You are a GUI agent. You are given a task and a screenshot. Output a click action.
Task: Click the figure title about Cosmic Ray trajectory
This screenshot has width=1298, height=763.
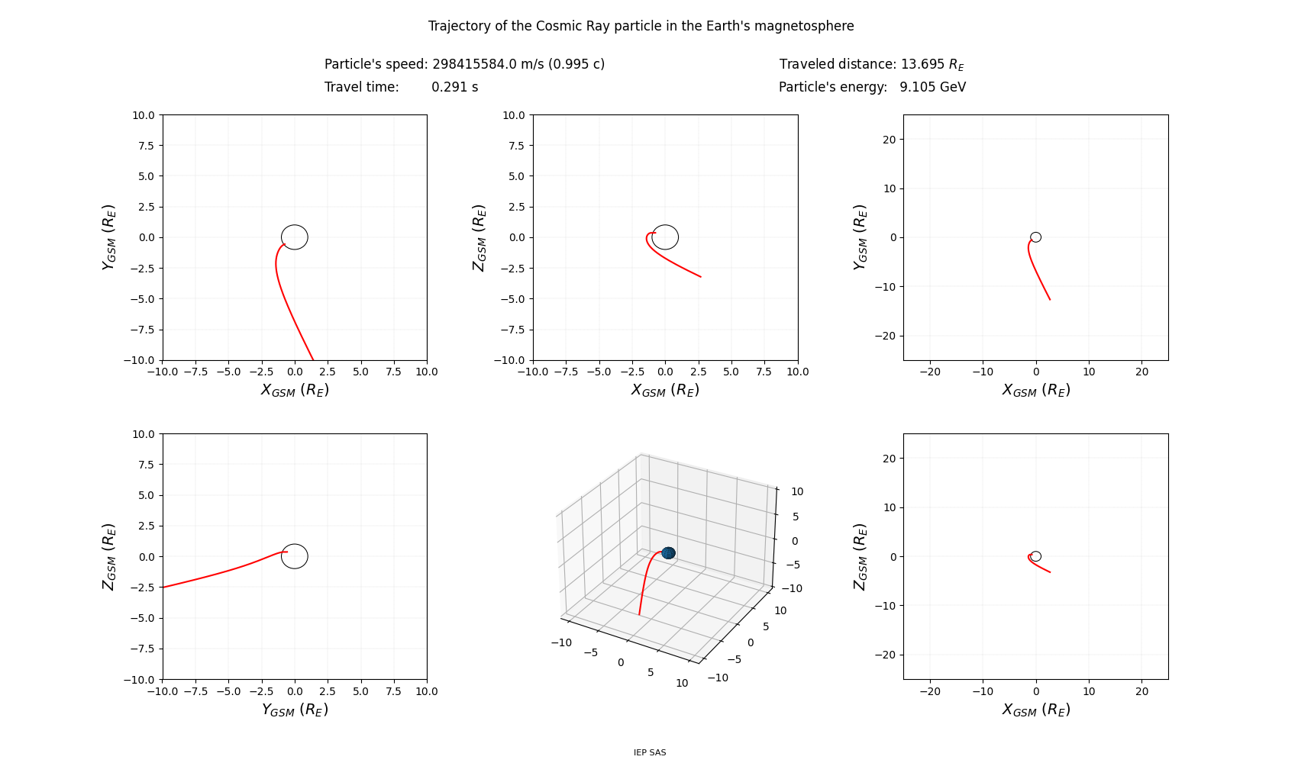pyautogui.click(x=641, y=26)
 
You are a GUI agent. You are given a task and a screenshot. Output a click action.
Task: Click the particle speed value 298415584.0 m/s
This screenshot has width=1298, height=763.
pyautogui.click(x=518, y=64)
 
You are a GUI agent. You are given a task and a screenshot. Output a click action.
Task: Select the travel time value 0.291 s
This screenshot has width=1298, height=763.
pyautogui.click(x=454, y=87)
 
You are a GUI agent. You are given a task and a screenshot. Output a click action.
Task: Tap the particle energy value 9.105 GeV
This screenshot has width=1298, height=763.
pyautogui.click(x=932, y=87)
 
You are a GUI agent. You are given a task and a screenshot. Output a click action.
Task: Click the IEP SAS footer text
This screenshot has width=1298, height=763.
pyautogui.click(x=649, y=752)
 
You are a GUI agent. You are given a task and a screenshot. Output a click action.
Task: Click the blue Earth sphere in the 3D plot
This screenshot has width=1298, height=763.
pyautogui.click(x=668, y=552)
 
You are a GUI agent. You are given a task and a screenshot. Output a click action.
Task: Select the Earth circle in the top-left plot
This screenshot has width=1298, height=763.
pyautogui.click(x=295, y=237)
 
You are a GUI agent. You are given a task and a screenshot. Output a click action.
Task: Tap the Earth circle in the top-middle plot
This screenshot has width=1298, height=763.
pyautogui.click(x=665, y=237)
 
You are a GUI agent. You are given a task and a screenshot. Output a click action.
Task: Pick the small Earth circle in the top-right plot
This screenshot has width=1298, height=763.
pyautogui.click(x=1035, y=237)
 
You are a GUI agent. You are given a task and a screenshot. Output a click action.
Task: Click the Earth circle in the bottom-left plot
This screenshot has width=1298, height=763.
pyautogui.click(x=295, y=556)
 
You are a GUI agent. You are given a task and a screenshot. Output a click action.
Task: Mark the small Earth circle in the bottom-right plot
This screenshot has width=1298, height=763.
pyautogui.click(x=1035, y=556)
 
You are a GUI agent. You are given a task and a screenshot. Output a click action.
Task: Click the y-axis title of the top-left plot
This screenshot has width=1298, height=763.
pyautogui.click(x=109, y=237)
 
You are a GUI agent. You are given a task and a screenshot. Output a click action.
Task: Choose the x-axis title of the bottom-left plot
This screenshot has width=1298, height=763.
pyautogui.click(x=295, y=710)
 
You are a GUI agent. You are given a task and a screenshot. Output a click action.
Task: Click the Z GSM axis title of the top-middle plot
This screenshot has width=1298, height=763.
pyautogui.click(x=479, y=237)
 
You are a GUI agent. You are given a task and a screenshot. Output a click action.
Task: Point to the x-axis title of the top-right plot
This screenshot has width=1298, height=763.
pyautogui.click(x=1035, y=390)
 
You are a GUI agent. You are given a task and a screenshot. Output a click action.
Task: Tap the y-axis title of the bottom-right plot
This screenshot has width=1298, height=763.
pyautogui.click(x=860, y=556)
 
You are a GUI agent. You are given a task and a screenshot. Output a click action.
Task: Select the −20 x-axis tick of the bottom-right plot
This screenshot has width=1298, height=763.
pyautogui.click(x=929, y=691)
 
